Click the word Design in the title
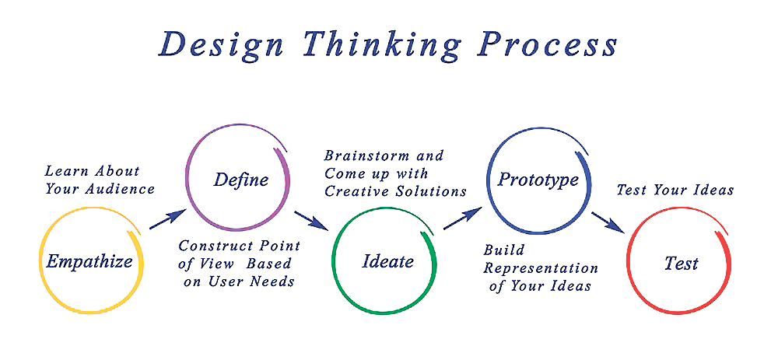click(221, 44)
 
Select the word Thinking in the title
click(381, 44)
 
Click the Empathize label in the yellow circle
click(89, 260)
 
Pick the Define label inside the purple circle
click(241, 179)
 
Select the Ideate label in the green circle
click(388, 260)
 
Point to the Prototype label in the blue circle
click(538, 180)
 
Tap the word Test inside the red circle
click(682, 263)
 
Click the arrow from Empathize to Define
click(167, 219)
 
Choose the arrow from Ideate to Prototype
click(462, 218)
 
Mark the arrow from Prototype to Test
click(608, 222)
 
